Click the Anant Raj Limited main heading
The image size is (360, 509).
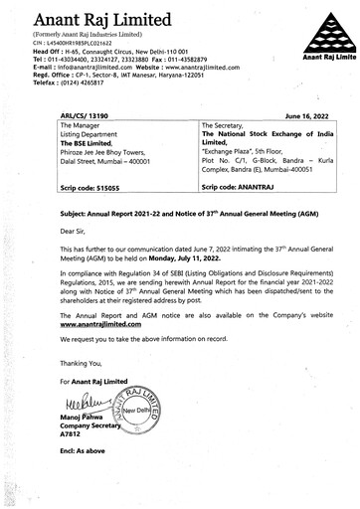click(100, 19)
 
